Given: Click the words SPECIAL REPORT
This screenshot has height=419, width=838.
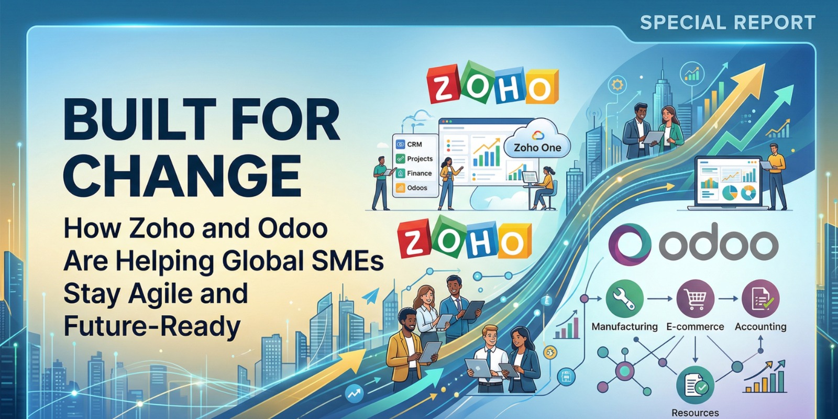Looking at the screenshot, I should (727, 23).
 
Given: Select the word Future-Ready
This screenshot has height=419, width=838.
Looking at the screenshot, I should (152, 326).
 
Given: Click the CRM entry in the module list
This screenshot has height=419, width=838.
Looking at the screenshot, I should (414, 144).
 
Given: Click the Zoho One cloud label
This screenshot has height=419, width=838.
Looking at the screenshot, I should (537, 147).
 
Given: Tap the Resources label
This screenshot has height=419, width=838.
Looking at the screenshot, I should (695, 413).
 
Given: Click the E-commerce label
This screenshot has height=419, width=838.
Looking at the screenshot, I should (695, 326).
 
